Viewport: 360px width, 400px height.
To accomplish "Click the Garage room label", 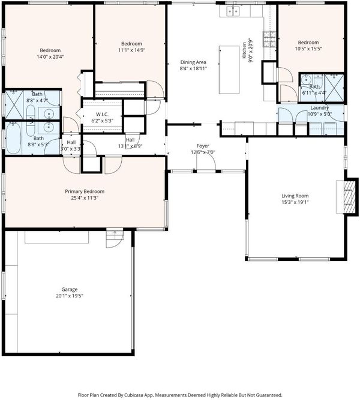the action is tap(70, 289).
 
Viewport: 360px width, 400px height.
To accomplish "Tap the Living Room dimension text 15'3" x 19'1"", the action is tap(295, 202).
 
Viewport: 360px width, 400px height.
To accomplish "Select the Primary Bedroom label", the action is tap(85, 191).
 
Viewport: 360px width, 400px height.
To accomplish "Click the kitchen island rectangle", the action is tap(229, 70).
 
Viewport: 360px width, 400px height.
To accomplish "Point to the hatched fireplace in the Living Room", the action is tap(349, 197).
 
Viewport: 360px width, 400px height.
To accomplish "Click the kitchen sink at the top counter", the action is tap(233, 11).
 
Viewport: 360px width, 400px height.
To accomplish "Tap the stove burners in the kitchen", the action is tap(269, 39).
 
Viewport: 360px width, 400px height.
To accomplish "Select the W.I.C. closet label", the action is tap(102, 114).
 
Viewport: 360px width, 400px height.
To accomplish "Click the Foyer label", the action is tap(203, 146).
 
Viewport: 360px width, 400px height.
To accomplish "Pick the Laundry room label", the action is tap(319, 108).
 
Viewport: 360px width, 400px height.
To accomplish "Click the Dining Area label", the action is tap(193, 62).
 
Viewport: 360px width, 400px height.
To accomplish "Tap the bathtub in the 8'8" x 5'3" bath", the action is tap(14, 139).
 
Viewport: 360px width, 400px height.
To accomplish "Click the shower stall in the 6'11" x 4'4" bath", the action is tap(334, 88).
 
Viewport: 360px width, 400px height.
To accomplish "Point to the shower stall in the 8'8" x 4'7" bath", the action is tap(14, 104).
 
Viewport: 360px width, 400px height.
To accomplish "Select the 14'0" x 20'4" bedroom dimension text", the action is tap(50, 56).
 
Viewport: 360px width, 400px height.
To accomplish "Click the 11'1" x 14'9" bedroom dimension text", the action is tap(131, 50).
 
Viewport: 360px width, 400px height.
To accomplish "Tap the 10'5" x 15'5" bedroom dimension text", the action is tap(308, 49).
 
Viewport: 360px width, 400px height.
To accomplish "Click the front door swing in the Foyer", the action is tap(206, 162).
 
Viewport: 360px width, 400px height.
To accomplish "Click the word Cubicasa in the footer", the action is tap(134, 395).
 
